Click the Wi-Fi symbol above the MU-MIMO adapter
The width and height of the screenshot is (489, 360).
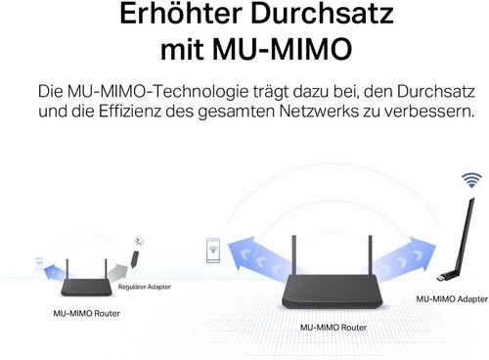471,180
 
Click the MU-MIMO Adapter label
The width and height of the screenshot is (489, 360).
452,298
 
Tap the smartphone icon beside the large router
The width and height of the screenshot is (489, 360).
212,250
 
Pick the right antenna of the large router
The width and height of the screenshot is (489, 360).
371,257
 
